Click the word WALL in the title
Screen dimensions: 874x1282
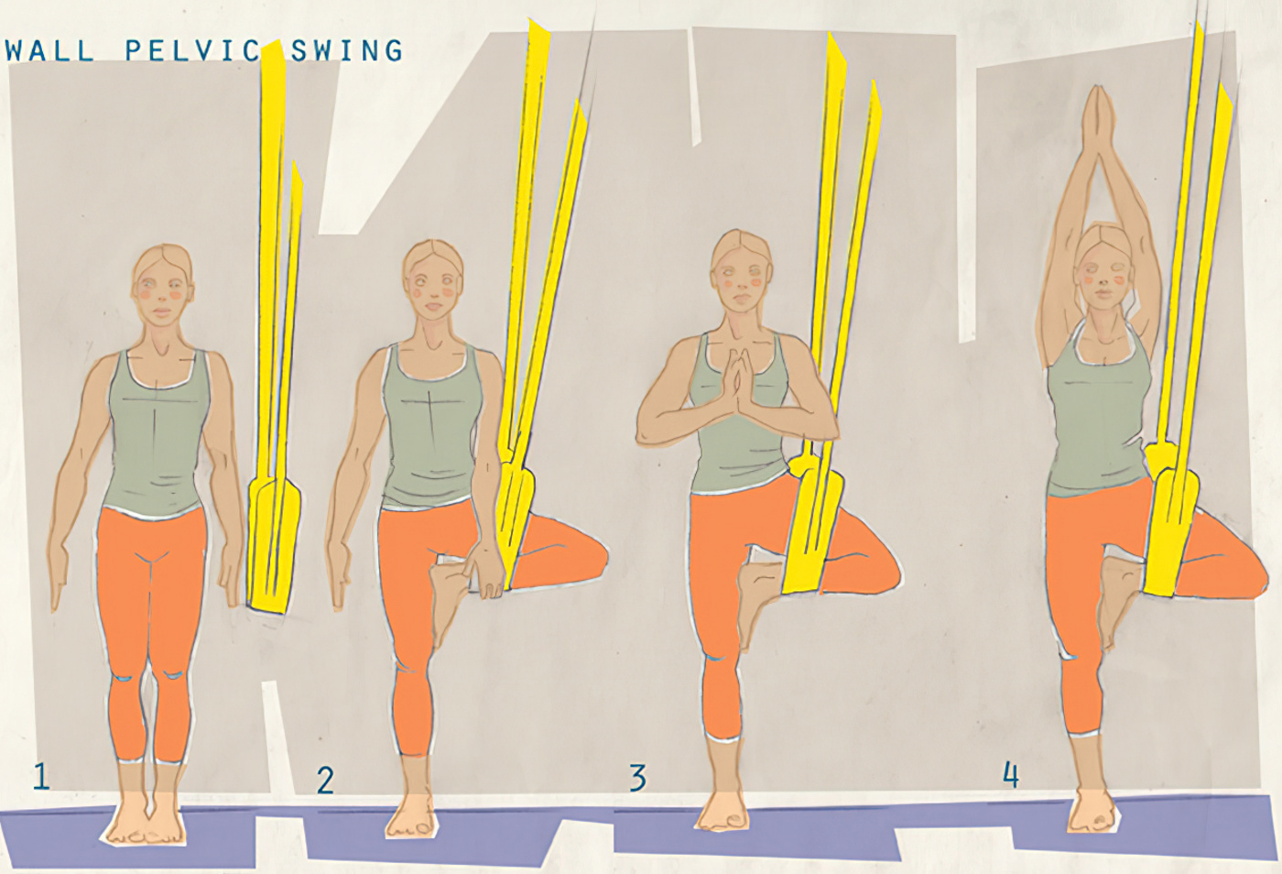point(49,50)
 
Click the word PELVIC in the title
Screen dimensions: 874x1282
point(193,50)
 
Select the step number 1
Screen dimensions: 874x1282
point(40,776)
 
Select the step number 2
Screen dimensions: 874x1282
point(325,780)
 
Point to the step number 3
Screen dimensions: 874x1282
point(637,778)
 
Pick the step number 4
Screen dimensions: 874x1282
point(1010,774)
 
